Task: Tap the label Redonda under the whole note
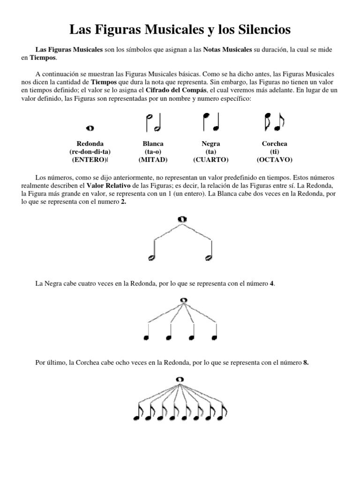point(90,143)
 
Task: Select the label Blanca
point(153,143)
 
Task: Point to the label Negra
point(210,143)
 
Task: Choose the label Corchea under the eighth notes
point(274,143)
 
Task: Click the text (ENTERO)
point(89,160)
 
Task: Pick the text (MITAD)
point(153,160)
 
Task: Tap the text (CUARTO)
point(210,160)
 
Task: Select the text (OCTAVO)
point(274,160)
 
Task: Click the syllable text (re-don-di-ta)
point(90,152)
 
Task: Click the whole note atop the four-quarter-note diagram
point(183,300)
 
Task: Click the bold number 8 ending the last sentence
point(306,362)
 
